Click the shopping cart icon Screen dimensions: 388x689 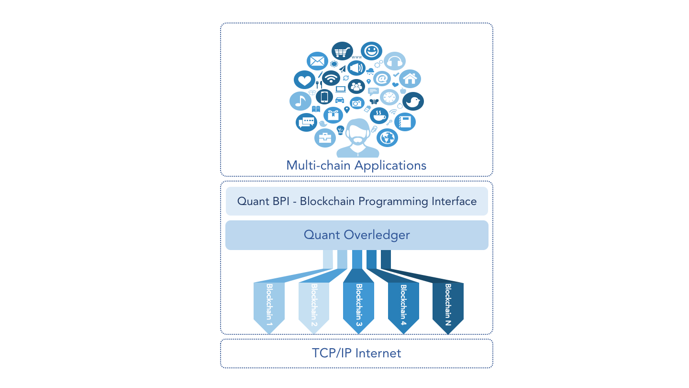coord(342,51)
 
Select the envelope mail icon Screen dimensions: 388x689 coord(317,61)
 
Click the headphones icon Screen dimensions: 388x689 coord(395,61)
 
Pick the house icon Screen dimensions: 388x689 coord(410,79)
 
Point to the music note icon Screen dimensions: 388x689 coord(300,101)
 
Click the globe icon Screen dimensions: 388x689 coord(387,137)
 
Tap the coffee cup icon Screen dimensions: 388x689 coord(379,115)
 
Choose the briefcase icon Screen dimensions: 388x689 coord(325,138)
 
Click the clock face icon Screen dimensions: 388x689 coord(389,97)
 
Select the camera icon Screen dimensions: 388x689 coord(357,103)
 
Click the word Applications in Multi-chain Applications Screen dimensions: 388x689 coord(390,166)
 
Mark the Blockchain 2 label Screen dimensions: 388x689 coord(314,306)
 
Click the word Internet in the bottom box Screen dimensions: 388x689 coord(378,354)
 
